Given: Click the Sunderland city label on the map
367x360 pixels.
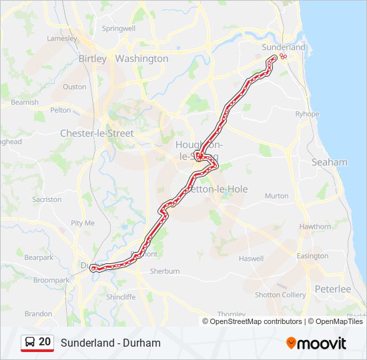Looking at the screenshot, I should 284,47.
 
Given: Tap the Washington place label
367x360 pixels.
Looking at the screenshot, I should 141,59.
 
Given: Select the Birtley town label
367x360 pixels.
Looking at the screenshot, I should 93,59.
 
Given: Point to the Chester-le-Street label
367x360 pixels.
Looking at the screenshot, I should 97,133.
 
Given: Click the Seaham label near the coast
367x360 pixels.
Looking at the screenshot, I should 330,162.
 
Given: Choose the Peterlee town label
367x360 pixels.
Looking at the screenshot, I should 332,289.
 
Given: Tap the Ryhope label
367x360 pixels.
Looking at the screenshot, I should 308,114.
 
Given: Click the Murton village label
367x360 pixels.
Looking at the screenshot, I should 277,196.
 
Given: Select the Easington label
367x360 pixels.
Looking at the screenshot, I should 312,256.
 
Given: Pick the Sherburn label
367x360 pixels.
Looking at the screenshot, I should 165,271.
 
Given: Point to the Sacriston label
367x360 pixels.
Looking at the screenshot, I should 47,199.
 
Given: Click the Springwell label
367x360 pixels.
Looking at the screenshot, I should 118,29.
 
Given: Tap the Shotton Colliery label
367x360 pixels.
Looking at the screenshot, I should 280,295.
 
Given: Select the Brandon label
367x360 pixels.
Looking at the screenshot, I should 38,313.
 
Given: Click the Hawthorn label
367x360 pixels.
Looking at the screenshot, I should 315,227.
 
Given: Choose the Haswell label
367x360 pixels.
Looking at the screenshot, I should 252,259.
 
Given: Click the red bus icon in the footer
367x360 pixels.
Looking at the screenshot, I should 29,342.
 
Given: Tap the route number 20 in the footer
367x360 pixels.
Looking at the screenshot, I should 45,342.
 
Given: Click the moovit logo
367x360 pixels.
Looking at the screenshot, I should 316,343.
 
